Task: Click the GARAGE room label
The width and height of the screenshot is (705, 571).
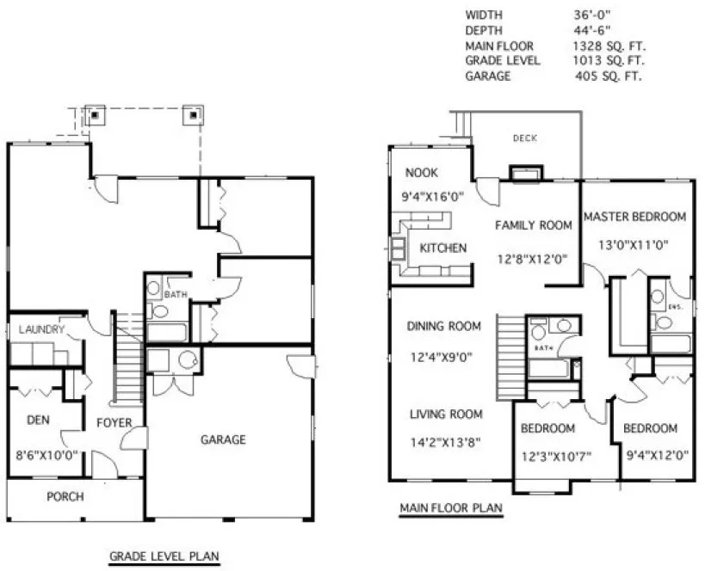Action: coord(223,439)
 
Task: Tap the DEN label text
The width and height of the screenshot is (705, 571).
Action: coord(36,421)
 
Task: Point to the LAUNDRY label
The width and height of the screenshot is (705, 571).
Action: coord(36,329)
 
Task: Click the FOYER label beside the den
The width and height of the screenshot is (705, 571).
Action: coord(114,422)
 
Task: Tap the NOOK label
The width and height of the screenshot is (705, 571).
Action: coord(423,172)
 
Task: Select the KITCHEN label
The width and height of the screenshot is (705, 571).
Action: coord(442,248)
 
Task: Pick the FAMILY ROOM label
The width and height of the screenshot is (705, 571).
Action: coord(533,225)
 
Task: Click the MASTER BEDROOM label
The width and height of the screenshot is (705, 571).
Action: coord(634,217)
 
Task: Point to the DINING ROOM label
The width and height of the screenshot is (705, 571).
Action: coord(443,326)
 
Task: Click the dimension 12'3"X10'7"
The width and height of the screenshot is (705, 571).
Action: coord(555,456)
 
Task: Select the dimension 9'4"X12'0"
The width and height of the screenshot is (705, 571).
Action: coord(651,456)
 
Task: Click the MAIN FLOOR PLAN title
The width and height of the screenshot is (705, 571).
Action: coord(451,508)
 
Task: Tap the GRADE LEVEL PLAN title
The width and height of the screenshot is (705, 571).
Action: coord(164,556)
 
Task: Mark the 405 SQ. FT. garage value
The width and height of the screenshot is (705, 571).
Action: coord(610,76)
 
